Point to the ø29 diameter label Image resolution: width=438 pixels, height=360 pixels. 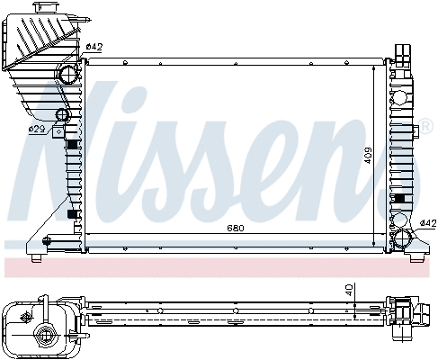tap(37, 130)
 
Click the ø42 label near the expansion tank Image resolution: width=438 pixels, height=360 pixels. tap(94, 47)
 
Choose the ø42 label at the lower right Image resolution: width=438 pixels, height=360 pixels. tap(428, 223)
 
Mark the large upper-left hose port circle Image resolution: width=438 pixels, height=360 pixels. tap(68, 73)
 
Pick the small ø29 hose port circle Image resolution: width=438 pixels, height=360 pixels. tap(62, 115)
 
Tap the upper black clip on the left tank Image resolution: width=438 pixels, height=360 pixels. tap(72, 144)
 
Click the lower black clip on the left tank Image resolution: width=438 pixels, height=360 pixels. tap(72, 216)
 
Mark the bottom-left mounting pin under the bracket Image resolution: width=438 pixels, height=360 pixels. tap(35, 259)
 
